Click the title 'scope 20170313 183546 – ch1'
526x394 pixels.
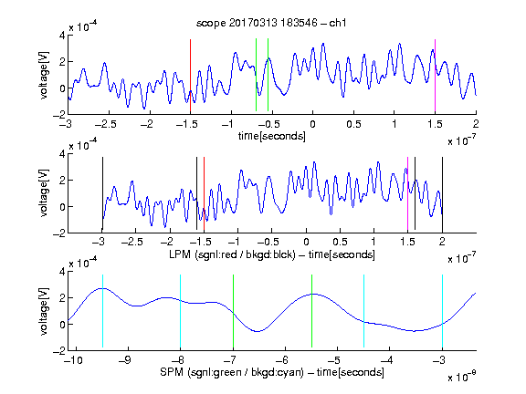(271, 23)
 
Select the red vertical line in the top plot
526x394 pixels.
(190, 76)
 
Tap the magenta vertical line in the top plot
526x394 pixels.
(435, 76)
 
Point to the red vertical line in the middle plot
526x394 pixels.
(204, 193)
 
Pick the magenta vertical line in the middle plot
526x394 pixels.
(407, 193)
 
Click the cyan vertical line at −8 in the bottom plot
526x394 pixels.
(181, 311)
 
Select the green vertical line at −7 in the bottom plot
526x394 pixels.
(233, 311)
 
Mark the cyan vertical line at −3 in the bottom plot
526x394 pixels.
(443, 311)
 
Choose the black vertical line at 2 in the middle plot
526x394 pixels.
(443, 193)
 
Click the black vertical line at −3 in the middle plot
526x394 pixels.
(102, 193)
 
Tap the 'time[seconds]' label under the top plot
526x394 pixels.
(272, 137)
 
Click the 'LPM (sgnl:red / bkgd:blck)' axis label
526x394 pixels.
(232, 254)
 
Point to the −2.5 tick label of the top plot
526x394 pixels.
(105, 124)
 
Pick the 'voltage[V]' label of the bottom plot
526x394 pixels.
(44, 311)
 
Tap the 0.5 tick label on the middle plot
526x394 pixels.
(340, 242)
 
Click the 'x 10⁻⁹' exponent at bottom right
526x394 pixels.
(462, 377)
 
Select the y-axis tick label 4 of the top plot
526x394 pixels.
(62, 35)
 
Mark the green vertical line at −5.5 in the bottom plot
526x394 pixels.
(311, 311)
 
